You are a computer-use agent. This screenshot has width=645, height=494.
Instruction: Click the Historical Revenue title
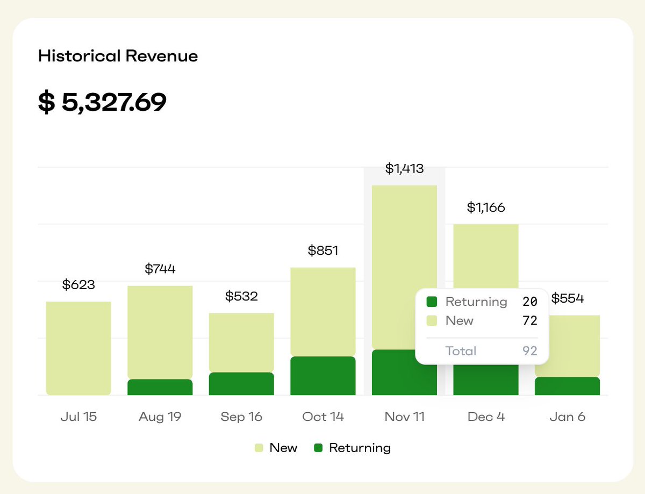pos(118,56)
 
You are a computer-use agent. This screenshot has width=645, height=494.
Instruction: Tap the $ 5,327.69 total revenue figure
pos(102,102)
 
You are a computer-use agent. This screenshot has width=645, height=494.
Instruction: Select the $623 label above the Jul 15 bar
pos(78,285)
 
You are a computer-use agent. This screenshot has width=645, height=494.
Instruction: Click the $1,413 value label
pos(404,169)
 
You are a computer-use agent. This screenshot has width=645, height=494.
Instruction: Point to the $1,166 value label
pos(486,207)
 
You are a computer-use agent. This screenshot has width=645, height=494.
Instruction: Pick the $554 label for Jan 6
pos(568,298)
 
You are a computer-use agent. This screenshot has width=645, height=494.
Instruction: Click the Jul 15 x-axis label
pos(78,417)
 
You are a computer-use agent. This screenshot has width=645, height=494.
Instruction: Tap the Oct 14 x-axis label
pos(323,417)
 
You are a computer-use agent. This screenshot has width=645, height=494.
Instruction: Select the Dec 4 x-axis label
pos(486,417)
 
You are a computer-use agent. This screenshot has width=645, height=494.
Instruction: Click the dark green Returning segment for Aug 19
pos(160,387)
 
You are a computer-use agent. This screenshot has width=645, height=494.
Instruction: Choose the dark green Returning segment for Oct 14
pos(323,376)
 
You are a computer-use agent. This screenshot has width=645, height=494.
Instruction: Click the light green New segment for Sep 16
pos(241,342)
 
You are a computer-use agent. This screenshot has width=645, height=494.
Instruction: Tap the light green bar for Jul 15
pos(78,348)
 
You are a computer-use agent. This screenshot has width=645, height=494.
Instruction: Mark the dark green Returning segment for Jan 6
pos(568,386)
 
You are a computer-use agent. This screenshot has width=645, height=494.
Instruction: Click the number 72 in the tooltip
pos(530,321)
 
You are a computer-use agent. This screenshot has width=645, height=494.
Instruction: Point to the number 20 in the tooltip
pos(530,302)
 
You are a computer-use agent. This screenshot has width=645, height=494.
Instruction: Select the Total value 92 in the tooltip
pos(530,351)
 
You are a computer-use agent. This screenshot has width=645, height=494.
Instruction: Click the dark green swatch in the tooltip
pos(432,302)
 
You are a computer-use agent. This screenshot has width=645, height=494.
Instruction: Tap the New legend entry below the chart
pos(276,448)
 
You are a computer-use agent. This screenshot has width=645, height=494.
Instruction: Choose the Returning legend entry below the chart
pos(353,448)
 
